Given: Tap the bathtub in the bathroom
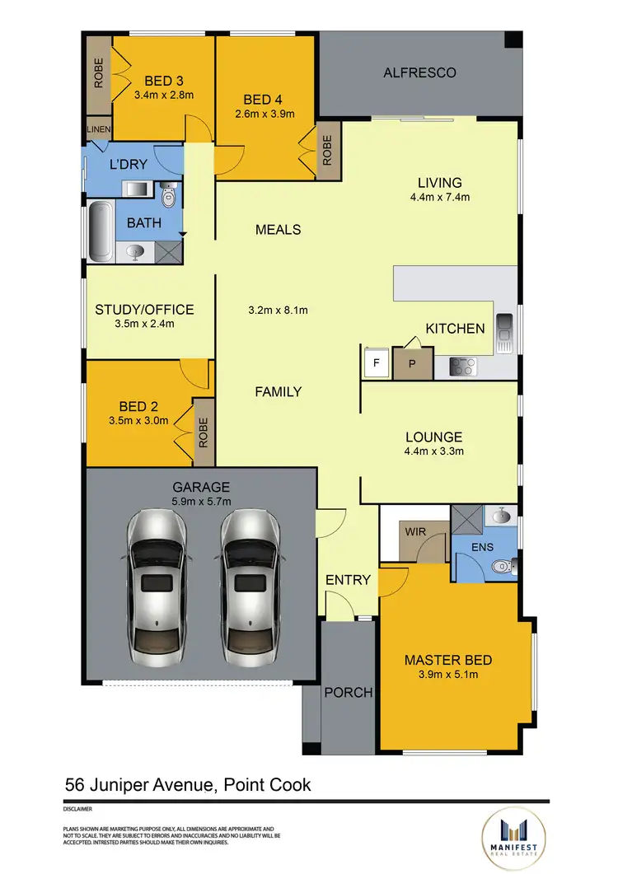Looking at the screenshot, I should pos(101,231).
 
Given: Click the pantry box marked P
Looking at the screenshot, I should pos(412,363).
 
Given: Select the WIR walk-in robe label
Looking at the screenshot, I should pos(416,531).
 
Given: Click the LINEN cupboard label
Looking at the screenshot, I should pos(98,129).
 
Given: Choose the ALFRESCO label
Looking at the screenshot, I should pos(419,72).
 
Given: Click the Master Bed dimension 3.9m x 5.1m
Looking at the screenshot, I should pos(448,675).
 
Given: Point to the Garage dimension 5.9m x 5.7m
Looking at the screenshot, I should pos(201,502).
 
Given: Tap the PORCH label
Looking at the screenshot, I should pos(349,692).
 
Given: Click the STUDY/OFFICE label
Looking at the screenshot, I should pos(144,310).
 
